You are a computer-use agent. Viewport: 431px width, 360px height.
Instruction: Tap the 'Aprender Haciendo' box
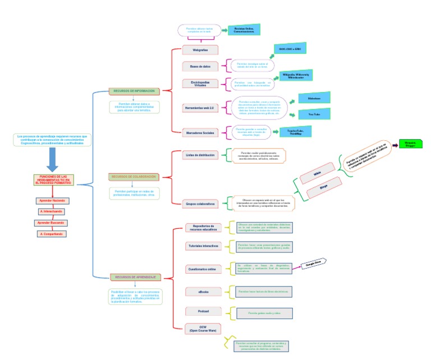click(52, 200)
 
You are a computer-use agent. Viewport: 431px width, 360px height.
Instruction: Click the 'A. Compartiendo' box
click(52, 233)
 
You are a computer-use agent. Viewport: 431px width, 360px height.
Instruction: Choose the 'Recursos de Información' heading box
click(134, 91)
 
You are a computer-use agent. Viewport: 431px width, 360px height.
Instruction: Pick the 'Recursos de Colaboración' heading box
click(134, 177)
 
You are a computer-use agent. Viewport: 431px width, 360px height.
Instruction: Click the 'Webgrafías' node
click(200, 50)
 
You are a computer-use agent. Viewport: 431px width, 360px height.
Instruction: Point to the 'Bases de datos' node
click(200, 66)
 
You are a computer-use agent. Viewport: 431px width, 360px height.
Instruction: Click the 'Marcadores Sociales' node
click(200, 133)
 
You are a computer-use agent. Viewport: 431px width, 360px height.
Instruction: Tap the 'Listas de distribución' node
click(200, 155)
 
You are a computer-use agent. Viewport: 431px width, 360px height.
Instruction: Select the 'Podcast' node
click(203, 311)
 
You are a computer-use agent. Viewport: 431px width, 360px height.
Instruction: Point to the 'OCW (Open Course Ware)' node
click(203, 328)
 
